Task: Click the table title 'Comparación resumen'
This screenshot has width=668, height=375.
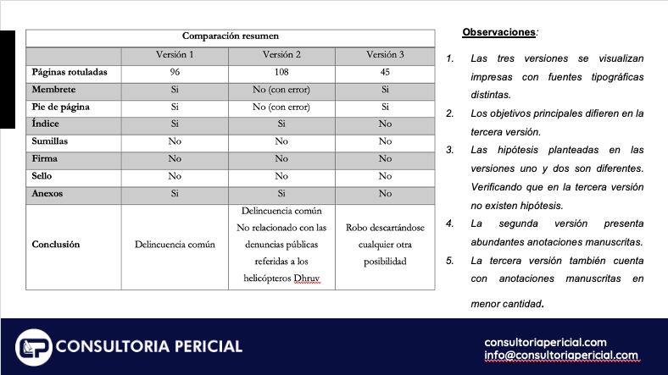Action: coord(230,36)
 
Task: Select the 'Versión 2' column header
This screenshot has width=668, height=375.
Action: coord(281,55)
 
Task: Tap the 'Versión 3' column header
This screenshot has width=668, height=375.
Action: coord(385,55)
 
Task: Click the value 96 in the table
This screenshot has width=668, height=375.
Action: coord(175,73)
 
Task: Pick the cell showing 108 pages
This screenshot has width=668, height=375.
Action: coord(281,73)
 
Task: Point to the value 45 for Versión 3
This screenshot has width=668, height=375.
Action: coord(385,73)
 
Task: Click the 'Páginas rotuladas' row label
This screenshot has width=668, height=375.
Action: coord(70,73)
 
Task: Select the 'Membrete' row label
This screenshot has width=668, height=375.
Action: coord(53,90)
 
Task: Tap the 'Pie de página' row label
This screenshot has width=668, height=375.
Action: coord(60,108)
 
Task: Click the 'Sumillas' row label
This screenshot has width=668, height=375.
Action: coord(50,141)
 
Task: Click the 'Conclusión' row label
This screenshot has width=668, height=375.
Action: coord(56,245)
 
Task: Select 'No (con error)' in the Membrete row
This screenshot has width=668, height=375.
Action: coord(281,90)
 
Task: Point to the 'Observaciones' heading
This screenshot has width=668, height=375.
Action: coord(498,32)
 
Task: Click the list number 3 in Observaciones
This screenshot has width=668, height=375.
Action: coord(450,150)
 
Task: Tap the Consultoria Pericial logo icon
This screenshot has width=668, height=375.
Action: coord(34,346)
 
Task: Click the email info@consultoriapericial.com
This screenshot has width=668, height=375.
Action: coord(561,356)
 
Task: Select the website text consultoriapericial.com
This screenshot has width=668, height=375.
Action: coord(545,342)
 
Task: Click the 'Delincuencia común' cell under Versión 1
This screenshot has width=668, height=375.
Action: coord(175,245)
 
